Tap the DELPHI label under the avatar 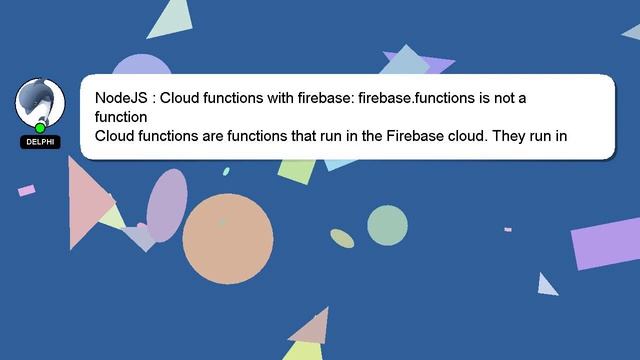[40, 142]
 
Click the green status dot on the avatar [40, 128]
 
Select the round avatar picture [40, 103]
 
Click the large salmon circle [228, 239]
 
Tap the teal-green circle [387, 225]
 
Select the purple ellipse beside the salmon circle [166, 205]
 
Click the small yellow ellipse [343, 238]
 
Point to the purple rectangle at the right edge [606, 243]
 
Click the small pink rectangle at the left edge [27, 190]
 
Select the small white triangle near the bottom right [546, 286]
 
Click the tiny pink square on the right [508, 230]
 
